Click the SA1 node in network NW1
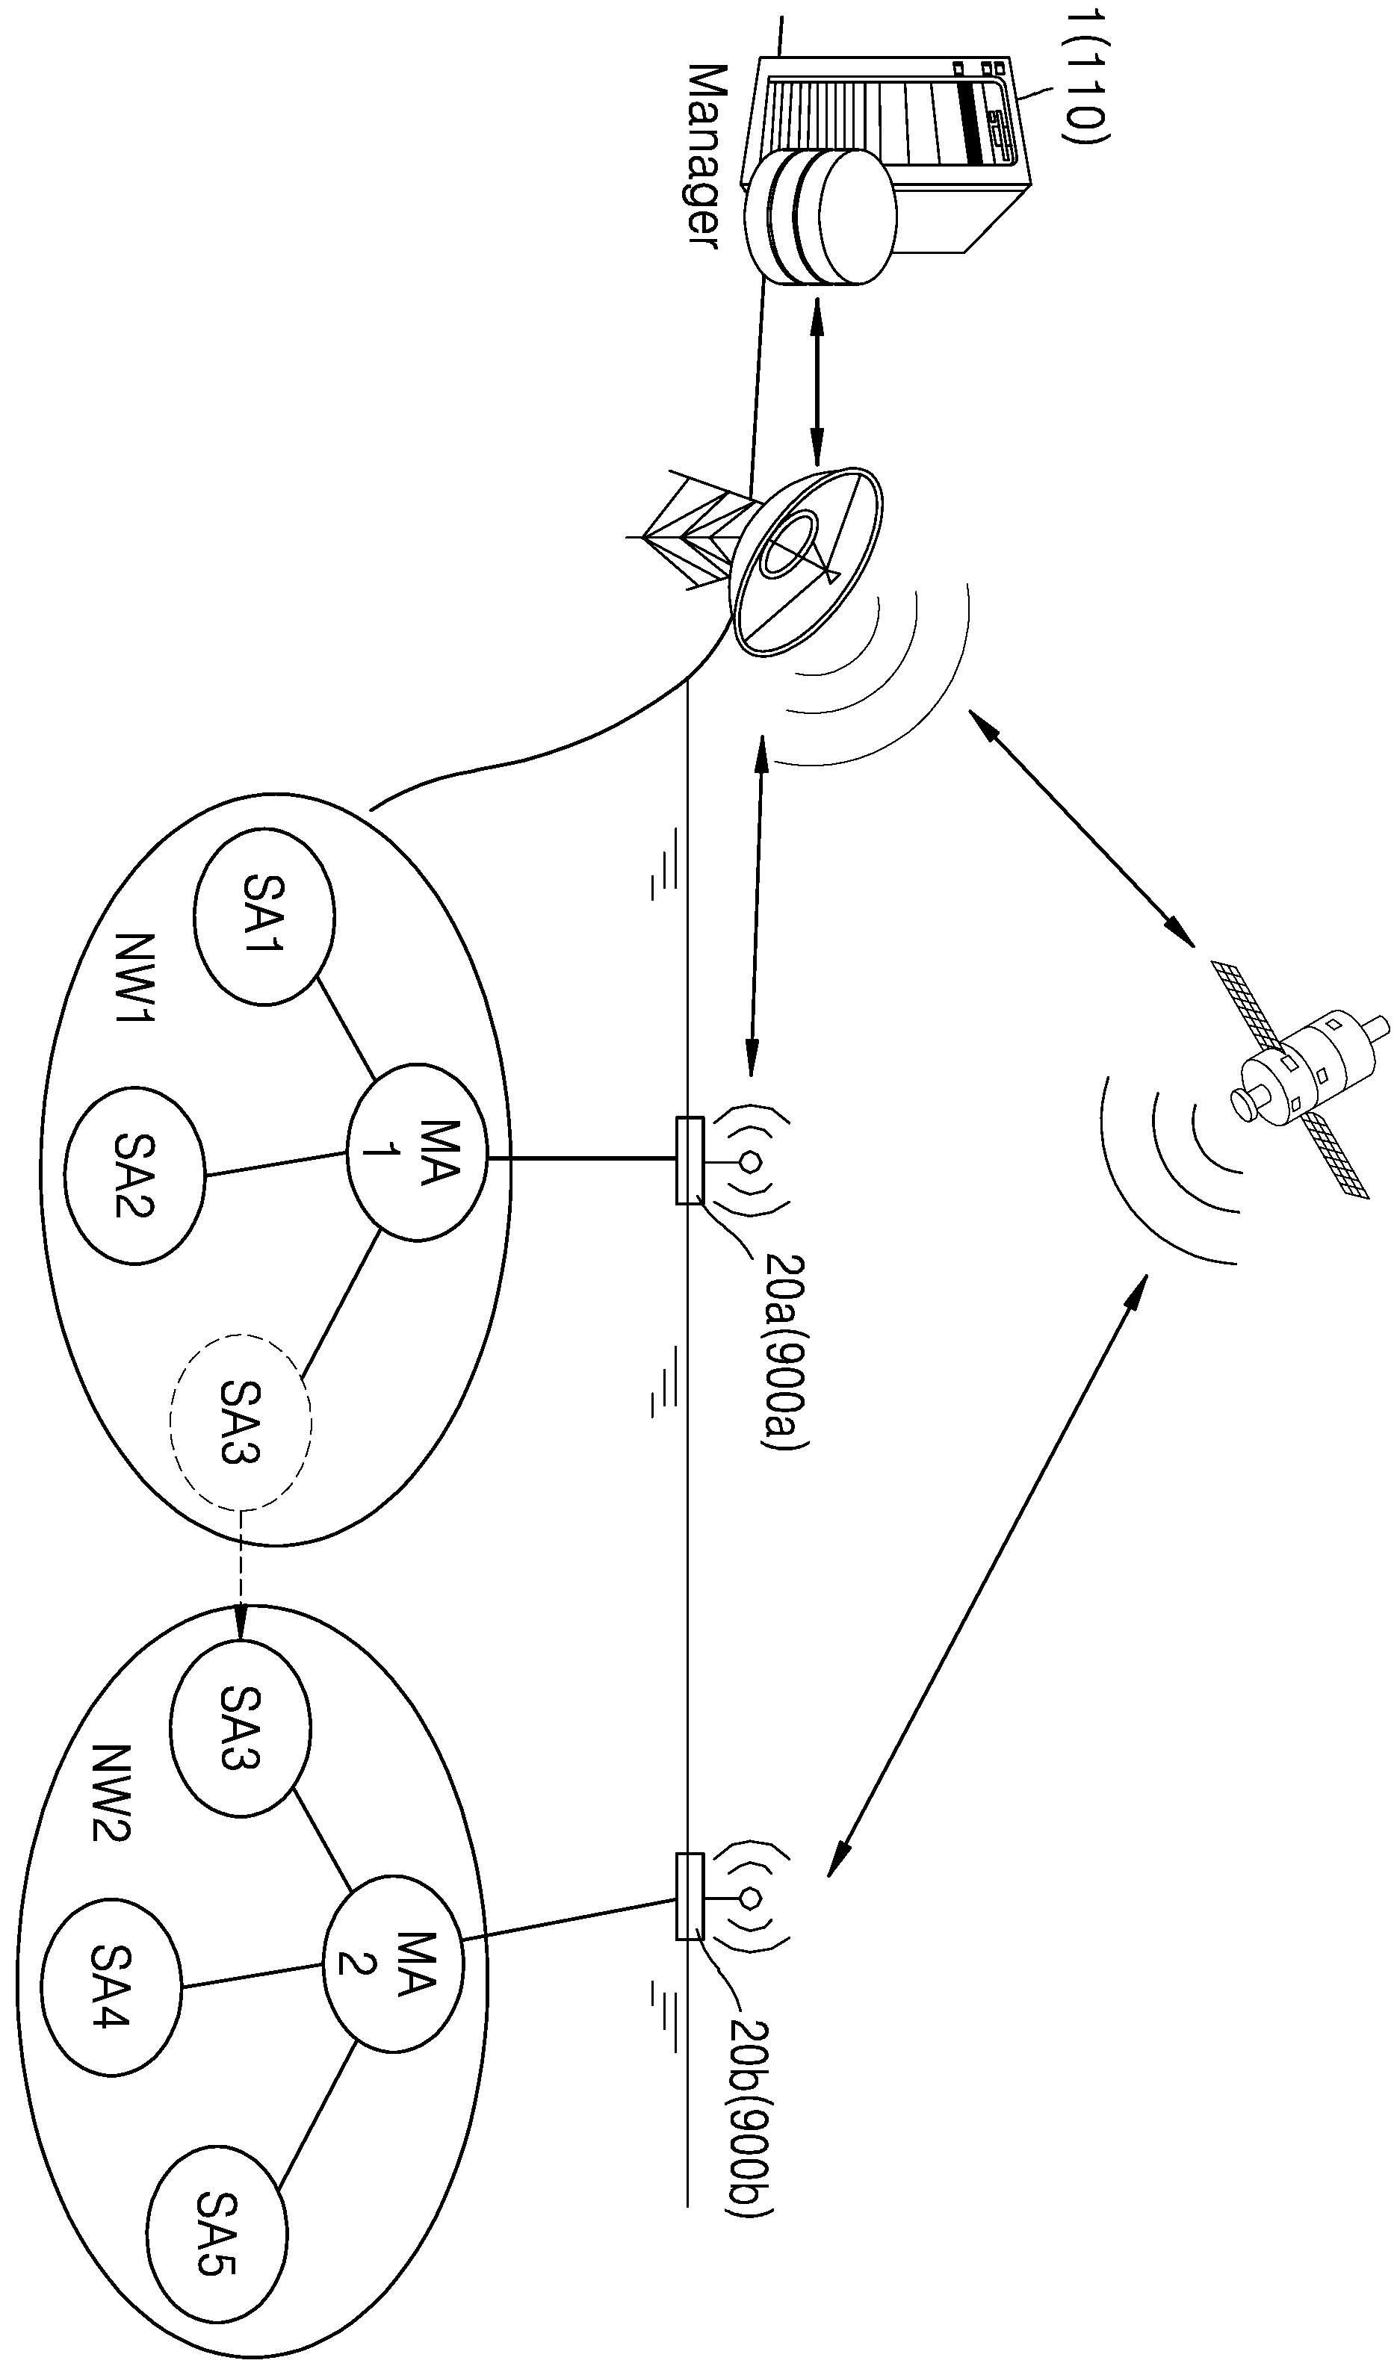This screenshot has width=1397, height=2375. click(264, 915)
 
